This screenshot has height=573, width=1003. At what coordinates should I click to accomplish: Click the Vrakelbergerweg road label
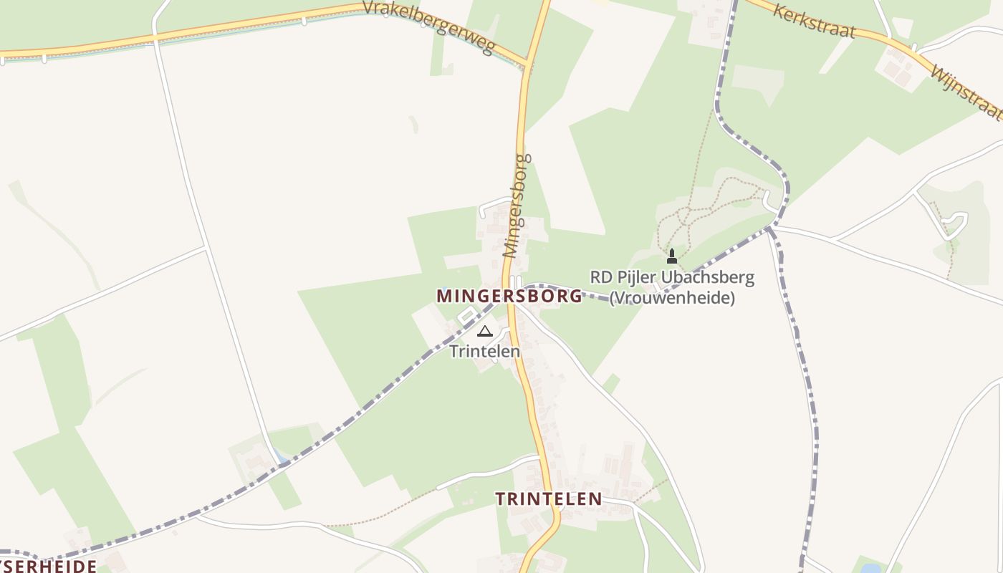tap(428, 27)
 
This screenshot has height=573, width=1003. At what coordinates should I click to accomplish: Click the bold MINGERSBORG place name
tap(509, 296)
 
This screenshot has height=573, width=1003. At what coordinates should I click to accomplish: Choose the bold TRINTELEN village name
tap(549, 499)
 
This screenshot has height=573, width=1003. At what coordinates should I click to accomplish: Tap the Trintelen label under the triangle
tap(485, 352)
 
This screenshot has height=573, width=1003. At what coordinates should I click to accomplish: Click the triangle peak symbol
tap(485, 331)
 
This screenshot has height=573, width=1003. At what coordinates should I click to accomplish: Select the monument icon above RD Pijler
tap(672, 256)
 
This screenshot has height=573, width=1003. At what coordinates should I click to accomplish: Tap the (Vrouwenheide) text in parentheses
tap(672, 297)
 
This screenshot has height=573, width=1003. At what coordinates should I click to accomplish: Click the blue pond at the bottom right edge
tap(870, 569)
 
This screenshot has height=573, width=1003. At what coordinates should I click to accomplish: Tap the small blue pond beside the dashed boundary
tap(279, 456)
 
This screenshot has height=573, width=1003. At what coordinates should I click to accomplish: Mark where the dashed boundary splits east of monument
tap(770, 228)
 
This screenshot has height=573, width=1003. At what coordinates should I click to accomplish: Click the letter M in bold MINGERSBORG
tap(443, 296)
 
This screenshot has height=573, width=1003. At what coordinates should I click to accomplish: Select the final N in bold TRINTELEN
tap(595, 499)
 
